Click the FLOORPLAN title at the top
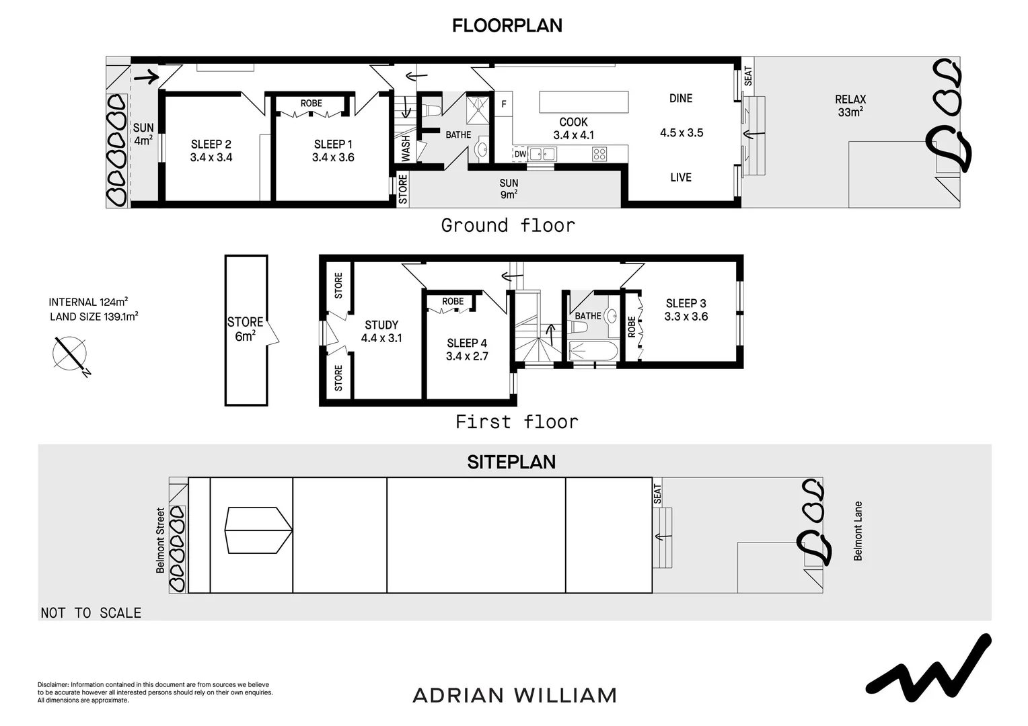(x=507, y=26)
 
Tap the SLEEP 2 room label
(x=211, y=145)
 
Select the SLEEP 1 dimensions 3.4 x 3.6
(x=333, y=158)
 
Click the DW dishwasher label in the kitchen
(x=520, y=154)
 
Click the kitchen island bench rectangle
(x=583, y=102)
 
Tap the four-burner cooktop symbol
(x=599, y=154)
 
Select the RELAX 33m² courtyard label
(x=850, y=106)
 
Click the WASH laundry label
(x=406, y=149)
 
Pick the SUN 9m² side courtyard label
(x=509, y=189)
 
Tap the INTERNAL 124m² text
(x=88, y=302)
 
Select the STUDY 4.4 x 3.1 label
(x=381, y=331)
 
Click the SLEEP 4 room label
(x=466, y=344)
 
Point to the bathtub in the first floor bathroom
(x=592, y=351)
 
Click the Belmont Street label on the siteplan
(x=160, y=540)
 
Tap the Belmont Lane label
(x=858, y=531)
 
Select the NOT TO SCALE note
(x=91, y=613)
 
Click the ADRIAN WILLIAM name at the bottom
(x=514, y=695)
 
